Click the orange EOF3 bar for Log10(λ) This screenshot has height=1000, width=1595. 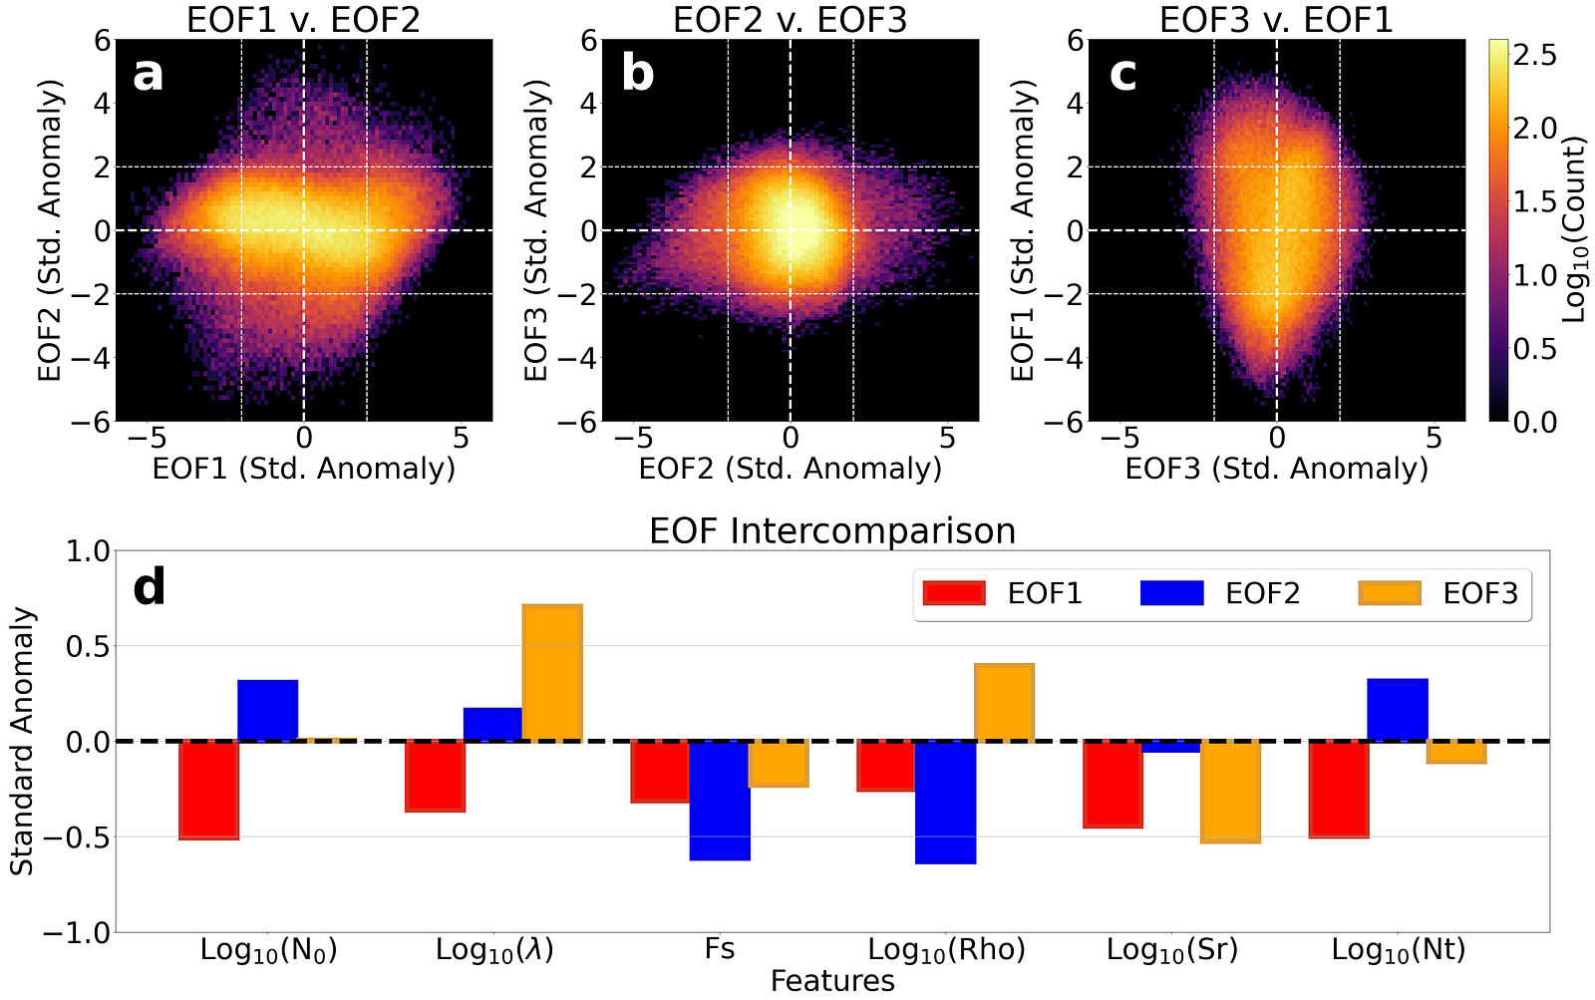[x=552, y=673]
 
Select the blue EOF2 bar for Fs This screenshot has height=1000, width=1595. [x=720, y=801]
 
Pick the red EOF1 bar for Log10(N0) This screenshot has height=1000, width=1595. [x=208, y=790]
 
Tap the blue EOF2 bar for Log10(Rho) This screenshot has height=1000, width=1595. [x=945, y=803]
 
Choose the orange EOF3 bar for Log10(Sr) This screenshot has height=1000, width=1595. [x=1230, y=792]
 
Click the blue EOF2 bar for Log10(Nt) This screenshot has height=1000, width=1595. [x=1398, y=710]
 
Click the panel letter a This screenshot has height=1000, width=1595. [x=148, y=73]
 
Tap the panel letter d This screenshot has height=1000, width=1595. [x=150, y=587]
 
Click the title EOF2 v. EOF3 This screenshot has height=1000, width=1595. [x=790, y=20]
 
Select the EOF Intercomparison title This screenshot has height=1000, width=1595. [x=832, y=530]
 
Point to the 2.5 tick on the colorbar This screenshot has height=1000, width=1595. [x=1534, y=54]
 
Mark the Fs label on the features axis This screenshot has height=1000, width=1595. [x=719, y=949]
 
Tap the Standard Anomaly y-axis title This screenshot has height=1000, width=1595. [x=22, y=741]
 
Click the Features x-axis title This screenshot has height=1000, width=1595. [x=832, y=982]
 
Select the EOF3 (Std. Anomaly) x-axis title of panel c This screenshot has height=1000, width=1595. [x=1276, y=469]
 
